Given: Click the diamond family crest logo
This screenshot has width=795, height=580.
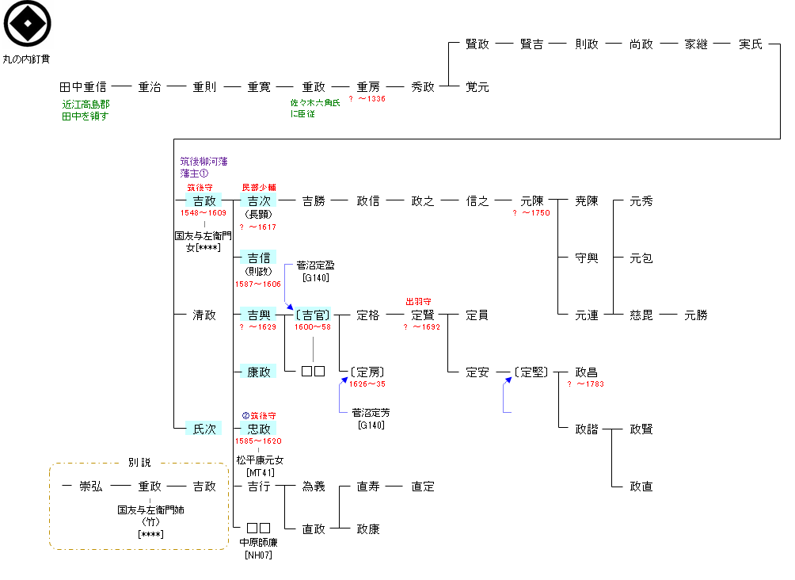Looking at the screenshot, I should [x=28, y=25].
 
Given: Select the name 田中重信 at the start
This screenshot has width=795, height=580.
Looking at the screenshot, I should [x=82, y=87].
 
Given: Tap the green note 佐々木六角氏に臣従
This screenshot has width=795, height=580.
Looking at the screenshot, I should [x=314, y=109].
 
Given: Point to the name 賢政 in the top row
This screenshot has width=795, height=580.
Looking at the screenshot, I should [x=477, y=44].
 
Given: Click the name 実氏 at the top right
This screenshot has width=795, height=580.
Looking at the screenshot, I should [x=750, y=44].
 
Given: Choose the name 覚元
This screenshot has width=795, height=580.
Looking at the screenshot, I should [x=477, y=87].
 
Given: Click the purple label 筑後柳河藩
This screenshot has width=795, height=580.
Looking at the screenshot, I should [x=204, y=161].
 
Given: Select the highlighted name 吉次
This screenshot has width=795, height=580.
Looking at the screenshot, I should [x=259, y=201].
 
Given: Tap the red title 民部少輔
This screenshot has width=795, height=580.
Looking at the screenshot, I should [x=259, y=187].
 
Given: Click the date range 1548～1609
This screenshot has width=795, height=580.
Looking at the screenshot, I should [x=204, y=213].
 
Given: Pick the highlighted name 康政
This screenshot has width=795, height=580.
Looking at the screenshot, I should [x=259, y=372].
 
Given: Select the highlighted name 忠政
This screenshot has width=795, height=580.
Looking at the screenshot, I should [x=259, y=429].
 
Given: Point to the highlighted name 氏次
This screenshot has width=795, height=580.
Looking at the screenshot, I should [x=204, y=429].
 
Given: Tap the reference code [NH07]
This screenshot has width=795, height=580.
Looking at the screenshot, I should [x=259, y=555].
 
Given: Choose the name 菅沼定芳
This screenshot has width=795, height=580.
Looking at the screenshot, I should [x=371, y=413].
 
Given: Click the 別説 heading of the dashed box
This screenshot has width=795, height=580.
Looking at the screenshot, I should [x=139, y=463].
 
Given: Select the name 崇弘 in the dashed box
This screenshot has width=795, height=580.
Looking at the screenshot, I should [x=91, y=487].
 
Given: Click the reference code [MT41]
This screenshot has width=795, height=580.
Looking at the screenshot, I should [x=259, y=472].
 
